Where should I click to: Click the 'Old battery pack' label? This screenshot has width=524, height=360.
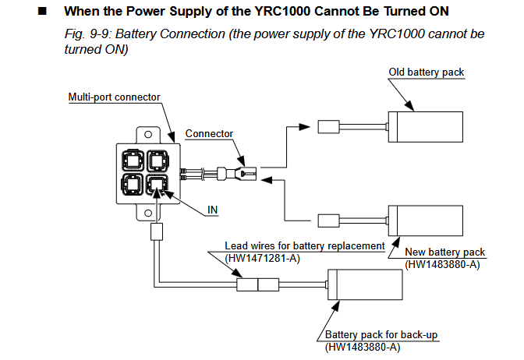pyautogui.click(x=426, y=72)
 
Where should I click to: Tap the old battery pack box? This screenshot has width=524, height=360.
pyautogui.click(x=426, y=127)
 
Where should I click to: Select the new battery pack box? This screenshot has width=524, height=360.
pyautogui.click(x=426, y=221)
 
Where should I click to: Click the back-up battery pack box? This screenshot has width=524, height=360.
pyautogui.click(x=365, y=284)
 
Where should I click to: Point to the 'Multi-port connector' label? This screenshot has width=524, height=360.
pyautogui.click(x=115, y=97)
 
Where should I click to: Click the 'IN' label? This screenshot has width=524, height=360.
pyautogui.click(x=213, y=210)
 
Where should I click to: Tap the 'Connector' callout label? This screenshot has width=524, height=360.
pyautogui.click(x=209, y=133)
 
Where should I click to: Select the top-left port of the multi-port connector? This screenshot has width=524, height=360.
pyautogui.click(x=133, y=161)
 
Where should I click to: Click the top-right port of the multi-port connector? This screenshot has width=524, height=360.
pyautogui.click(x=158, y=161)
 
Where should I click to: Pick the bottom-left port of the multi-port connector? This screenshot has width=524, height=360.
pyautogui.click(x=133, y=184)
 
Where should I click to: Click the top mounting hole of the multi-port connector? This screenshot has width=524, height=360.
pyautogui.click(x=148, y=135)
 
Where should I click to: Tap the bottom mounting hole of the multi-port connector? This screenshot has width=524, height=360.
pyautogui.click(x=148, y=213)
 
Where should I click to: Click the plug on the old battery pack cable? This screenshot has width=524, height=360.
pyautogui.click(x=328, y=127)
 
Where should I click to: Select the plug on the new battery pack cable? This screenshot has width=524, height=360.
pyautogui.click(x=328, y=221)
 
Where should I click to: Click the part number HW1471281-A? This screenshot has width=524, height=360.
pyautogui.click(x=262, y=258)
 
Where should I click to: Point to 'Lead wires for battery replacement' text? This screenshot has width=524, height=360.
pyautogui.click(x=305, y=245)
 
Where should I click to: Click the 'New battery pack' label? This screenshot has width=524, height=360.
pyautogui.click(x=444, y=252)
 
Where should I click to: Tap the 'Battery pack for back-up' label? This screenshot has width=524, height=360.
pyautogui.click(x=381, y=334)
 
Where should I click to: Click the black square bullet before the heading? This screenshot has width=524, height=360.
pyautogui.click(x=42, y=12)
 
